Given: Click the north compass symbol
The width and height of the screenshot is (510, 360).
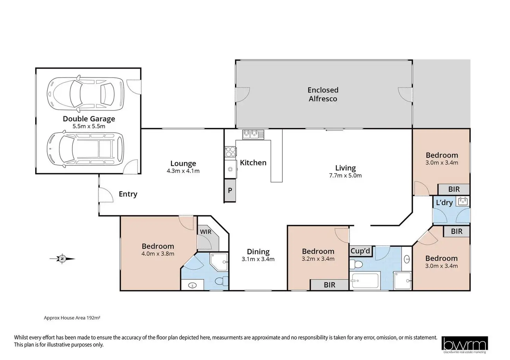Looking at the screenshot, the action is tap(62, 259).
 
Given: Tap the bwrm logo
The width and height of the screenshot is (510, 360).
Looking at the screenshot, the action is tap(465, 345).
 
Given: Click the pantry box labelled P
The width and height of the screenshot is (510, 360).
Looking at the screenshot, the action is tap(230, 190).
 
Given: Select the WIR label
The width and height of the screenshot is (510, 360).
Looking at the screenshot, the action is tap(205, 232).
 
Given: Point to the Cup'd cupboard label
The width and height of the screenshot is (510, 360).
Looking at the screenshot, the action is tap(360, 251).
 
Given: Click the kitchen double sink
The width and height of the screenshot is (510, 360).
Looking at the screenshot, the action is tap(253, 134).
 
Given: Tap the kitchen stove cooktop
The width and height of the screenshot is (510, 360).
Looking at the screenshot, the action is tap(230, 152).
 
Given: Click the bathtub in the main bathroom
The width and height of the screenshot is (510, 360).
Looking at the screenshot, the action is tap(365, 280).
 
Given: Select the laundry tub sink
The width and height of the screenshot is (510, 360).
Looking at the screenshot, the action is tap(463, 201).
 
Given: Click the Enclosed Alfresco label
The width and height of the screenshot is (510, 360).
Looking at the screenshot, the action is tap(323, 94).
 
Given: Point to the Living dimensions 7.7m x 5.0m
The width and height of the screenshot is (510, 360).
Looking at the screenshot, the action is tap(345, 175).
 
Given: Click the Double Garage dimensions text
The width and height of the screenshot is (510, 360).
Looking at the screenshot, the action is tap(89, 126).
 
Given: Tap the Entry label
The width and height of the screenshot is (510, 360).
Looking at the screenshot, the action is tap(128, 194).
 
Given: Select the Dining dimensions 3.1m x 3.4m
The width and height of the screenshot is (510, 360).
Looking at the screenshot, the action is tap(258, 259).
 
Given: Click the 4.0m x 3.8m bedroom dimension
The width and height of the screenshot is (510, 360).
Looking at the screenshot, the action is tap(158, 254).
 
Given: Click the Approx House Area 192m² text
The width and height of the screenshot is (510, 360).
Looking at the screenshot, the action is tap(72, 318).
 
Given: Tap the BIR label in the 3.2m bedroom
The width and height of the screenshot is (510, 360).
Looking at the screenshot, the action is tap(329, 285).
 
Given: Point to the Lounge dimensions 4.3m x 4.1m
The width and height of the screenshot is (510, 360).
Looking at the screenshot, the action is tap(183, 171).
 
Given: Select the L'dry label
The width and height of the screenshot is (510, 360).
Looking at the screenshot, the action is tap(444, 202).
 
